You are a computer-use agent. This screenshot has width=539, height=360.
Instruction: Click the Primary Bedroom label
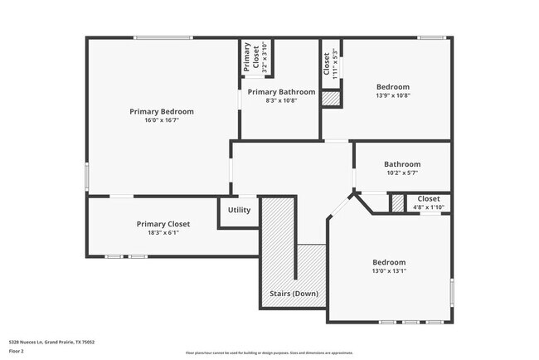pos(161,111)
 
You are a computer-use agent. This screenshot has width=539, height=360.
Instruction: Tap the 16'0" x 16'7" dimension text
pos(161,120)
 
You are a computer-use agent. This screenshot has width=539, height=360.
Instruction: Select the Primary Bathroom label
pos(281,91)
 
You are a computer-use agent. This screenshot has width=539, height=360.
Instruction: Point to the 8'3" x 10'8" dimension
pos(281,100)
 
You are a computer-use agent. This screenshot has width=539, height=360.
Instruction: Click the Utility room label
pos(239,210)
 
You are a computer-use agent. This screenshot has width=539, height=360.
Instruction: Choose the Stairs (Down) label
pos(294,294)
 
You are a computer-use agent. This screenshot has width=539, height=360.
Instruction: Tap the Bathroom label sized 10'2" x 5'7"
pos(402,164)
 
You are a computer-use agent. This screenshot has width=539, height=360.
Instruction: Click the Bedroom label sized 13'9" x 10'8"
pos(393,86)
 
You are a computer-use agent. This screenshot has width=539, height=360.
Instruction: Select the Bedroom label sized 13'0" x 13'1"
pos(388,261)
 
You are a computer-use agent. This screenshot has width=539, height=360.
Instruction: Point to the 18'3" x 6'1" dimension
pos(163,233)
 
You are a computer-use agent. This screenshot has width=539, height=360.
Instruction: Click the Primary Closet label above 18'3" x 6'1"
pos(163,224)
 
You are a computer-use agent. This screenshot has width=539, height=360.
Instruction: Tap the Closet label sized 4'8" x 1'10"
pos(429,199)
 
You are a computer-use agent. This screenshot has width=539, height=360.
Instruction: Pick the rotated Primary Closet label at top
pos(248,58)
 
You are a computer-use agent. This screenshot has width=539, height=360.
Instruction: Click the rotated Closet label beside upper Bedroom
pos(327,61)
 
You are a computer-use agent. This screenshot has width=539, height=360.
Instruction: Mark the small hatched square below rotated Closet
pos(331,98)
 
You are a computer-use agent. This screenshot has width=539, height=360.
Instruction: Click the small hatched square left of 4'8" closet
pos(398,202)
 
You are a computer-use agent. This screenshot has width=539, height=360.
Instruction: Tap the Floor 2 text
pos(17,352)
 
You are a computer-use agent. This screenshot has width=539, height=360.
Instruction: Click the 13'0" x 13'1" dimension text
pos(388,270)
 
